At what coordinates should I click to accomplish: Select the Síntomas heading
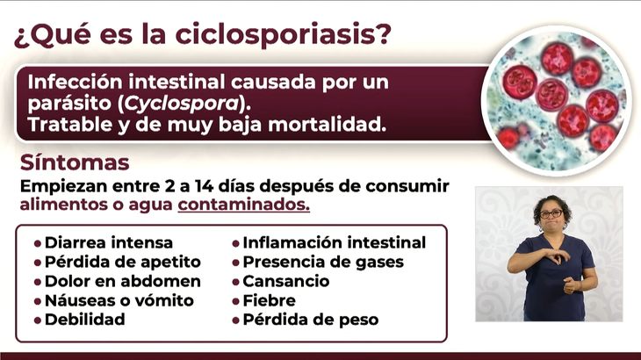point(75,162)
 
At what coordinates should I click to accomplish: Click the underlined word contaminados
point(243,205)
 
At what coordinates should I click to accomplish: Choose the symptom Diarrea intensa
point(109,242)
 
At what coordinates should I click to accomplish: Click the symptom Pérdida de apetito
point(123,263)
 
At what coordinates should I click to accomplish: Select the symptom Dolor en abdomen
point(123,281)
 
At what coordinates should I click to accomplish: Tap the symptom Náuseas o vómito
point(119,300)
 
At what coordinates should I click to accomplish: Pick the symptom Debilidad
point(85,320)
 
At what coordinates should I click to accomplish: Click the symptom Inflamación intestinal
point(335,242)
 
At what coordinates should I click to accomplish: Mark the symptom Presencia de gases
point(323,263)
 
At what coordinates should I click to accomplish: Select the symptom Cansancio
point(286,281)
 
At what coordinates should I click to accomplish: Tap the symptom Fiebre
point(270,300)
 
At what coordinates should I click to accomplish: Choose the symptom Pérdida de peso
point(311,320)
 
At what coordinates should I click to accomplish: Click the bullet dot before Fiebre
point(236,301)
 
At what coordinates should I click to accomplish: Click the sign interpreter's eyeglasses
point(551,213)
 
